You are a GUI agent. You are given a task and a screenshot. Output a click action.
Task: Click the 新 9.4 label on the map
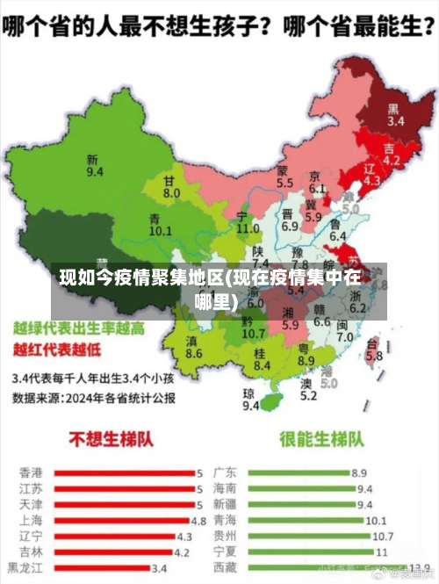coord(94,166)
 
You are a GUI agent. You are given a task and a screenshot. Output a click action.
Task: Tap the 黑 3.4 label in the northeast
coord(395,116)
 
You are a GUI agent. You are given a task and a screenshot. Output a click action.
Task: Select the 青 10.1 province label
coord(160,225)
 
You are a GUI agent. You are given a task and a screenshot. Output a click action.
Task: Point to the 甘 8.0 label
coord(171,186)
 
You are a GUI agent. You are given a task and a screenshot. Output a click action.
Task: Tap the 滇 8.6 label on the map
coord(194,347)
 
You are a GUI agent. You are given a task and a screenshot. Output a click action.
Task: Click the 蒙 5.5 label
coord(284,177)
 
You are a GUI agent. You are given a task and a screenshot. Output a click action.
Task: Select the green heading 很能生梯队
coord(320,439)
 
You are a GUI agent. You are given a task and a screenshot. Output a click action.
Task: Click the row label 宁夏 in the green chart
coord(224,552)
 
